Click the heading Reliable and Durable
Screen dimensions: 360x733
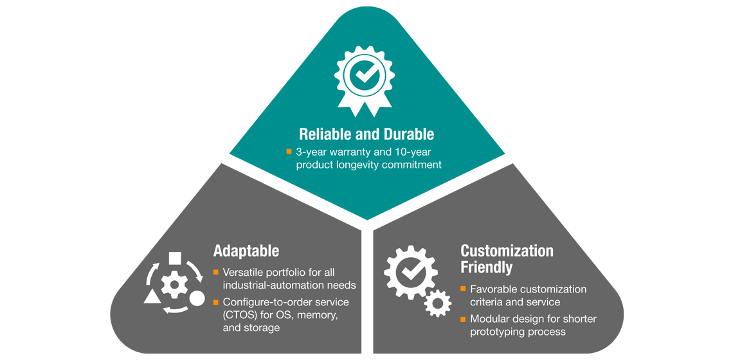tap(366, 134)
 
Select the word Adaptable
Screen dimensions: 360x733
tap(246, 250)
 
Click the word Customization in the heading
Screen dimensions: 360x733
tap(507, 250)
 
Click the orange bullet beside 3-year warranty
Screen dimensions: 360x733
tap(289, 152)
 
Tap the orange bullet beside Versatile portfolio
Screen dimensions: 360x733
tap(216, 272)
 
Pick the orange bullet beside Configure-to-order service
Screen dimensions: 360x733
tap(216, 301)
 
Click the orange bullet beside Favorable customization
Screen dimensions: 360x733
tap(463, 289)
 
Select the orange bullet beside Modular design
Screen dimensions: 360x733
tap(463, 319)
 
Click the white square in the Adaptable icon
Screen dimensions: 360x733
tap(174, 259)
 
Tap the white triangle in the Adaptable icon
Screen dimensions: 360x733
tap(152, 296)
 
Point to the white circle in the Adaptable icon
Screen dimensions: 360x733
tap(197, 299)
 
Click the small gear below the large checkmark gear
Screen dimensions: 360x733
tap(438, 301)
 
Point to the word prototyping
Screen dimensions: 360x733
tap(500, 332)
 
